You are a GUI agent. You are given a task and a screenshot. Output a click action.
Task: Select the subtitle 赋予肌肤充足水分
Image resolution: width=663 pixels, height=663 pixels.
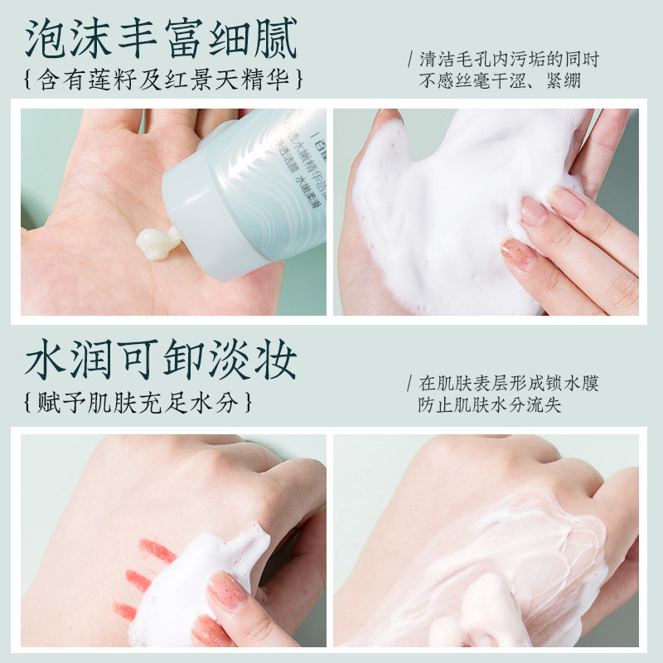(138, 404)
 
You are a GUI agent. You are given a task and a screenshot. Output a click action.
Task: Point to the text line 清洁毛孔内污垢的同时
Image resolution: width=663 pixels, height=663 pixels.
(509, 60)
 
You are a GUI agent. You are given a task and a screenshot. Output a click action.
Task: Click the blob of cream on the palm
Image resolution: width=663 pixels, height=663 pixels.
(157, 242)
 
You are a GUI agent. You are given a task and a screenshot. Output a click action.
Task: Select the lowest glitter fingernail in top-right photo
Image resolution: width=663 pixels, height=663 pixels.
(518, 252)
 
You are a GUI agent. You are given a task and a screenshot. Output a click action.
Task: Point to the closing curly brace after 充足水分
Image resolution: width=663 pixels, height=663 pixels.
(247, 404)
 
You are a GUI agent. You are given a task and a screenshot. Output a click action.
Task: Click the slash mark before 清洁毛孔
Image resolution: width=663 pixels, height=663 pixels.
(409, 60)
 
